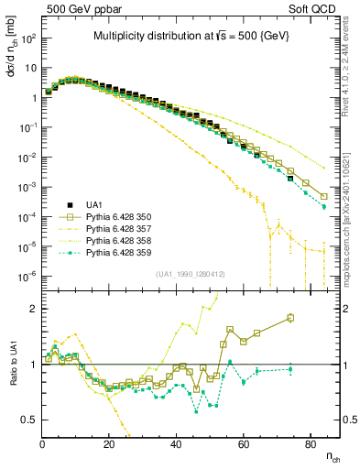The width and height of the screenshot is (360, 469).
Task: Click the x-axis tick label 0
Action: pos(43,444)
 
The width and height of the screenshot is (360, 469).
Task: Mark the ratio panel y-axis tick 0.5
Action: pos(29,420)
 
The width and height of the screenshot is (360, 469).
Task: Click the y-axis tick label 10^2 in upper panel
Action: pos(27,39)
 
